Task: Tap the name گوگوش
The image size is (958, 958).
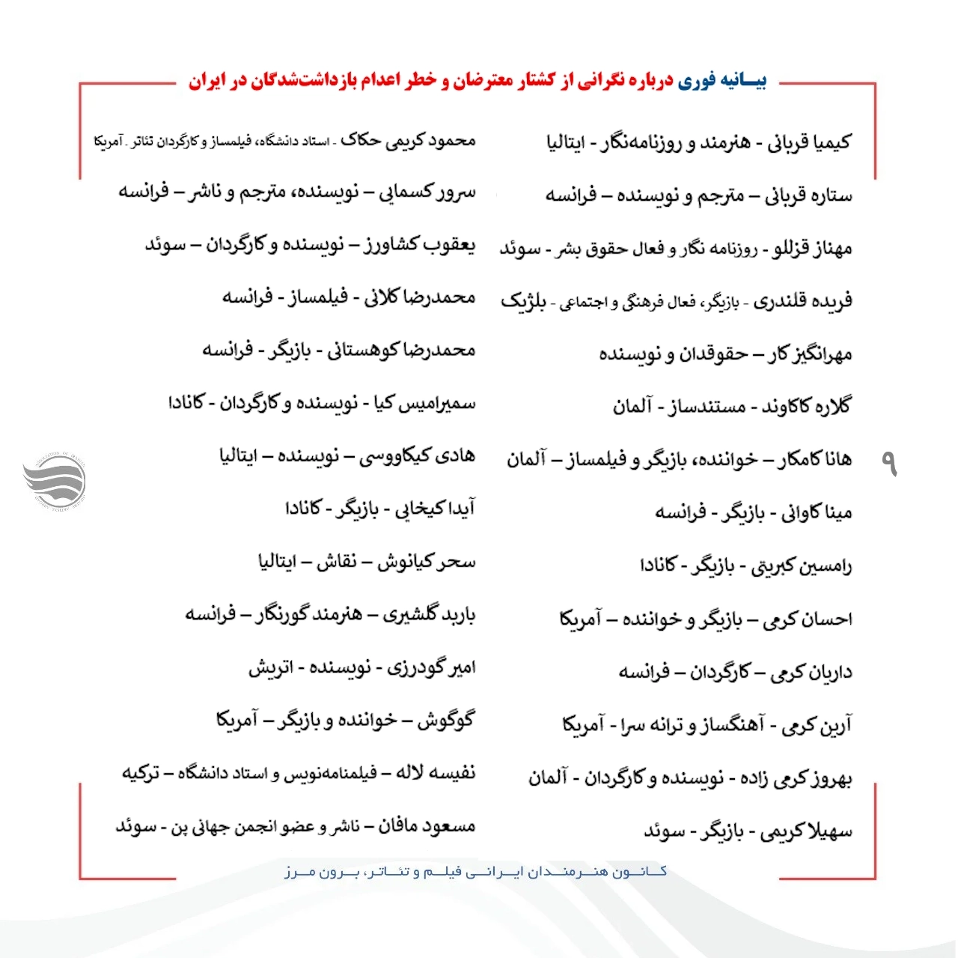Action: pyautogui.click(x=446, y=721)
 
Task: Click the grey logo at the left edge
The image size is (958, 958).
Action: pyautogui.click(x=54, y=479)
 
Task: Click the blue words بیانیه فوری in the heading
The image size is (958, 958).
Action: pyautogui.click(x=722, y=81)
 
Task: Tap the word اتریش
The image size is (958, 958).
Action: pyautogui.click(x=270, y=667)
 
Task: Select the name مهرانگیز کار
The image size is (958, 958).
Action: pyautogui.click(x=810, y=354)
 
